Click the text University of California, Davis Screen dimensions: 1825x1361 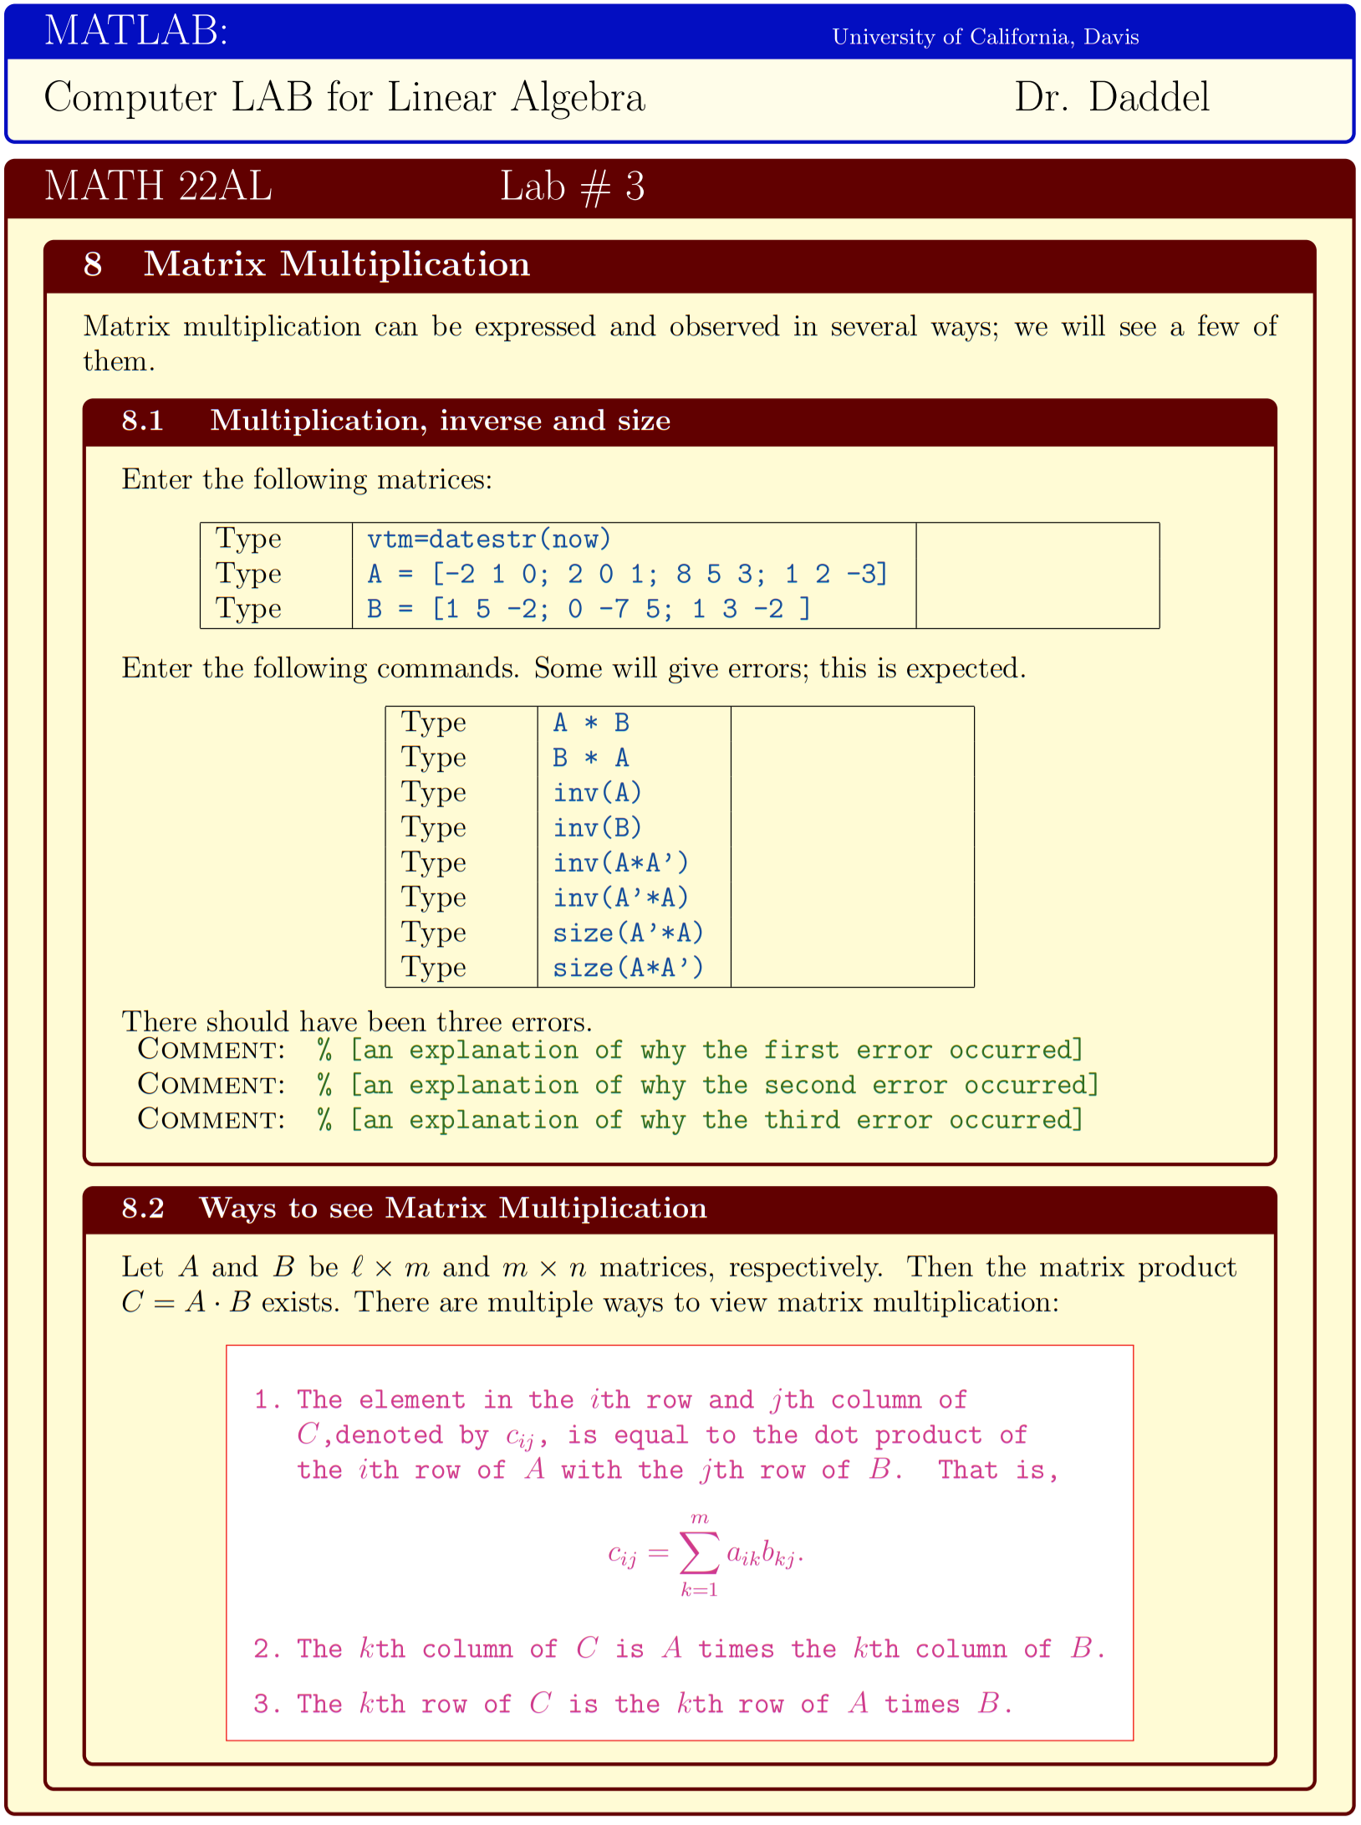(x=985, y=37)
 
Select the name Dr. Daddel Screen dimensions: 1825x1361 (x=1111, y=98)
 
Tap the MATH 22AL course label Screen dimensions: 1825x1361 (x=158, y=186)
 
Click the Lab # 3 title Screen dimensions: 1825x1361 (x=572, y=187)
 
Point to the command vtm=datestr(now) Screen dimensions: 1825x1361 (x=489, y=539)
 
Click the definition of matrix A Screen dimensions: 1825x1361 (x=626, y=574)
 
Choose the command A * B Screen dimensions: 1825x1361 (x=591, y=723)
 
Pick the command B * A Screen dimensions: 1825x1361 (x=591, y=758)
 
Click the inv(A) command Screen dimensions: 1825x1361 (x=597, y=793)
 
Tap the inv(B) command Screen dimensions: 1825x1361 (x=597, y=828)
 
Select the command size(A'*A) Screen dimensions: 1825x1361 (x=628, y=933)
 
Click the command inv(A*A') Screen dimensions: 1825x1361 (x=620, y=863)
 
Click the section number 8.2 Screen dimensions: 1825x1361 (x=143, y=1209)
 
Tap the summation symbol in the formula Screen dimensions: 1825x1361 (x=699, y=1554)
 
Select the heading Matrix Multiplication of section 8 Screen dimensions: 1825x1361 (x=337, y=264)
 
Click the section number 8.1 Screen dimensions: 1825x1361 (x=142, y=420)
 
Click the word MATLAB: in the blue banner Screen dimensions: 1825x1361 (x=136, y=31)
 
